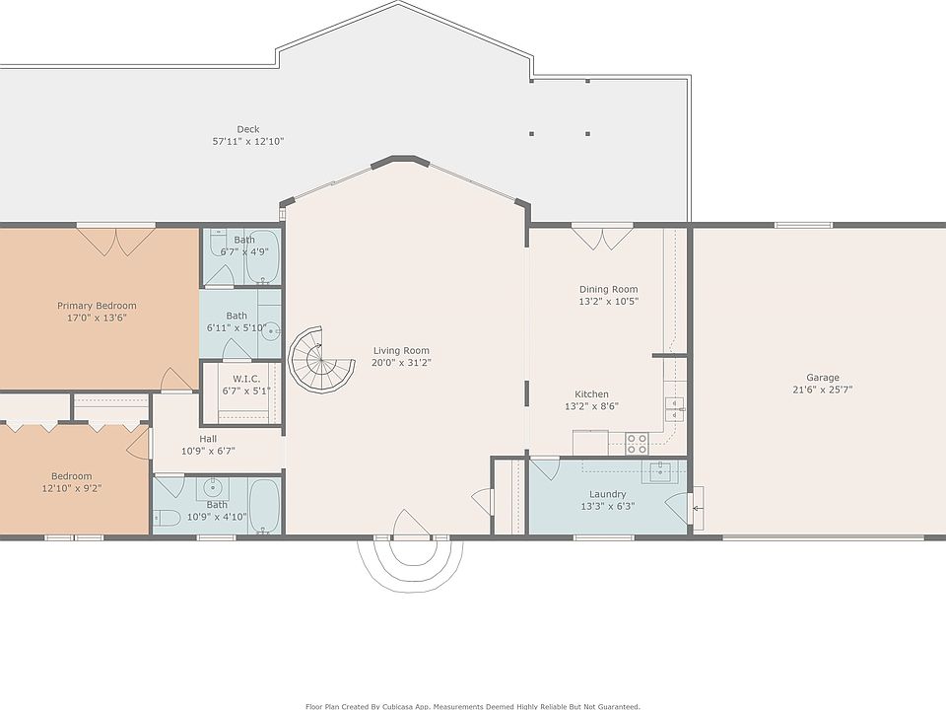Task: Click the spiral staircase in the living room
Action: tap(320, 361)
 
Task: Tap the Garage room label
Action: tap(822, 378)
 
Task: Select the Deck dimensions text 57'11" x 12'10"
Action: tap(248, 141)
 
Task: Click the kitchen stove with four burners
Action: tap(637, 444)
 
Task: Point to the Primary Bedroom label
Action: tap(97, 306)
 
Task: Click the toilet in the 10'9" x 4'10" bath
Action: tap(167, 518)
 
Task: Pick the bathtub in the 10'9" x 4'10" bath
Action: tap(264, 507)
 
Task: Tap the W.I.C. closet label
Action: tap(246, 379)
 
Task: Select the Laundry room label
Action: tap(608, 494)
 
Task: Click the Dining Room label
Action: tap(608, 289)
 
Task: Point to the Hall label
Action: tap(208, 439)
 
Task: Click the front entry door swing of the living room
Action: tap(412, 524)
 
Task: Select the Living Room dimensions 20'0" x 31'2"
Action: tap(401, 363)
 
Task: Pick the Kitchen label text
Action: tap(591, 394)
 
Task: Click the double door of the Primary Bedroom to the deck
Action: tap(116, 241)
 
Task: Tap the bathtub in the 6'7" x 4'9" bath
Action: tap(263, 257)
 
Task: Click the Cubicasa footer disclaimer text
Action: tap(472, 706)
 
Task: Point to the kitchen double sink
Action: tap(674, 408)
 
